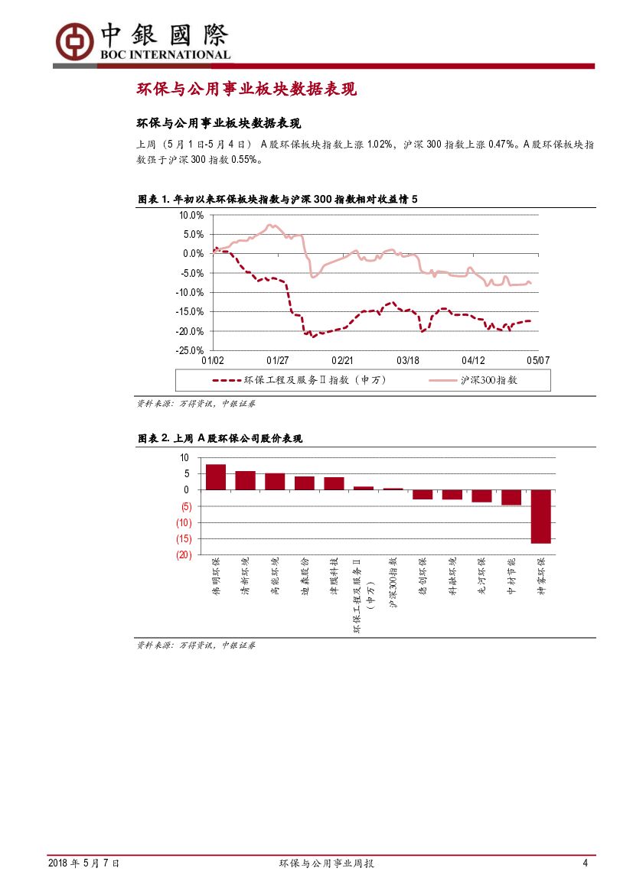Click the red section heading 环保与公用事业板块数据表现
coord(246,89)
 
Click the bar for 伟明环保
coord(216,476)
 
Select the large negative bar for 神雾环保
coord(540,516)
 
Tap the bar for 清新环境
coord(245,480)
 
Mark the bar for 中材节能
coord(511,497)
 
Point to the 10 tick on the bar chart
coord(184,457)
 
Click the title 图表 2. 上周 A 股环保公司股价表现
coord(220,438)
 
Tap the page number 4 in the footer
coord(586,863)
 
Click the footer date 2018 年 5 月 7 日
coord(83,863)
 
